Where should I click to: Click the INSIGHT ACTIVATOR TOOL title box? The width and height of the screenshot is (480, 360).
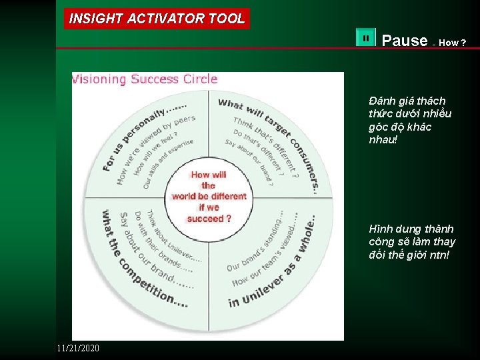coord(157,19)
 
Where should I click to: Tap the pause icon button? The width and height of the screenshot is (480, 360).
coord(366,39)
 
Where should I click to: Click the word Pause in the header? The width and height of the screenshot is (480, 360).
coord(404,41)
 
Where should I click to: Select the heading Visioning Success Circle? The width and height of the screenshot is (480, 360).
coord(145,79)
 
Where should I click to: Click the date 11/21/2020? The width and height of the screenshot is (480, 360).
coord(78,348)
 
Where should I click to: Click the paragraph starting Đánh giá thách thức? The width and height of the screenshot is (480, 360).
coord(409,120)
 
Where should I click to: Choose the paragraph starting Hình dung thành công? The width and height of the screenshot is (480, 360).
coord(411,242)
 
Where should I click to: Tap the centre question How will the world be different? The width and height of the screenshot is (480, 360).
coord(209,197)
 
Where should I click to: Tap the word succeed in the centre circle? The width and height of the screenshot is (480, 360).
coord(204,218)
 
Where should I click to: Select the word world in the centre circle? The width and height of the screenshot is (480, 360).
coord(184,197)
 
